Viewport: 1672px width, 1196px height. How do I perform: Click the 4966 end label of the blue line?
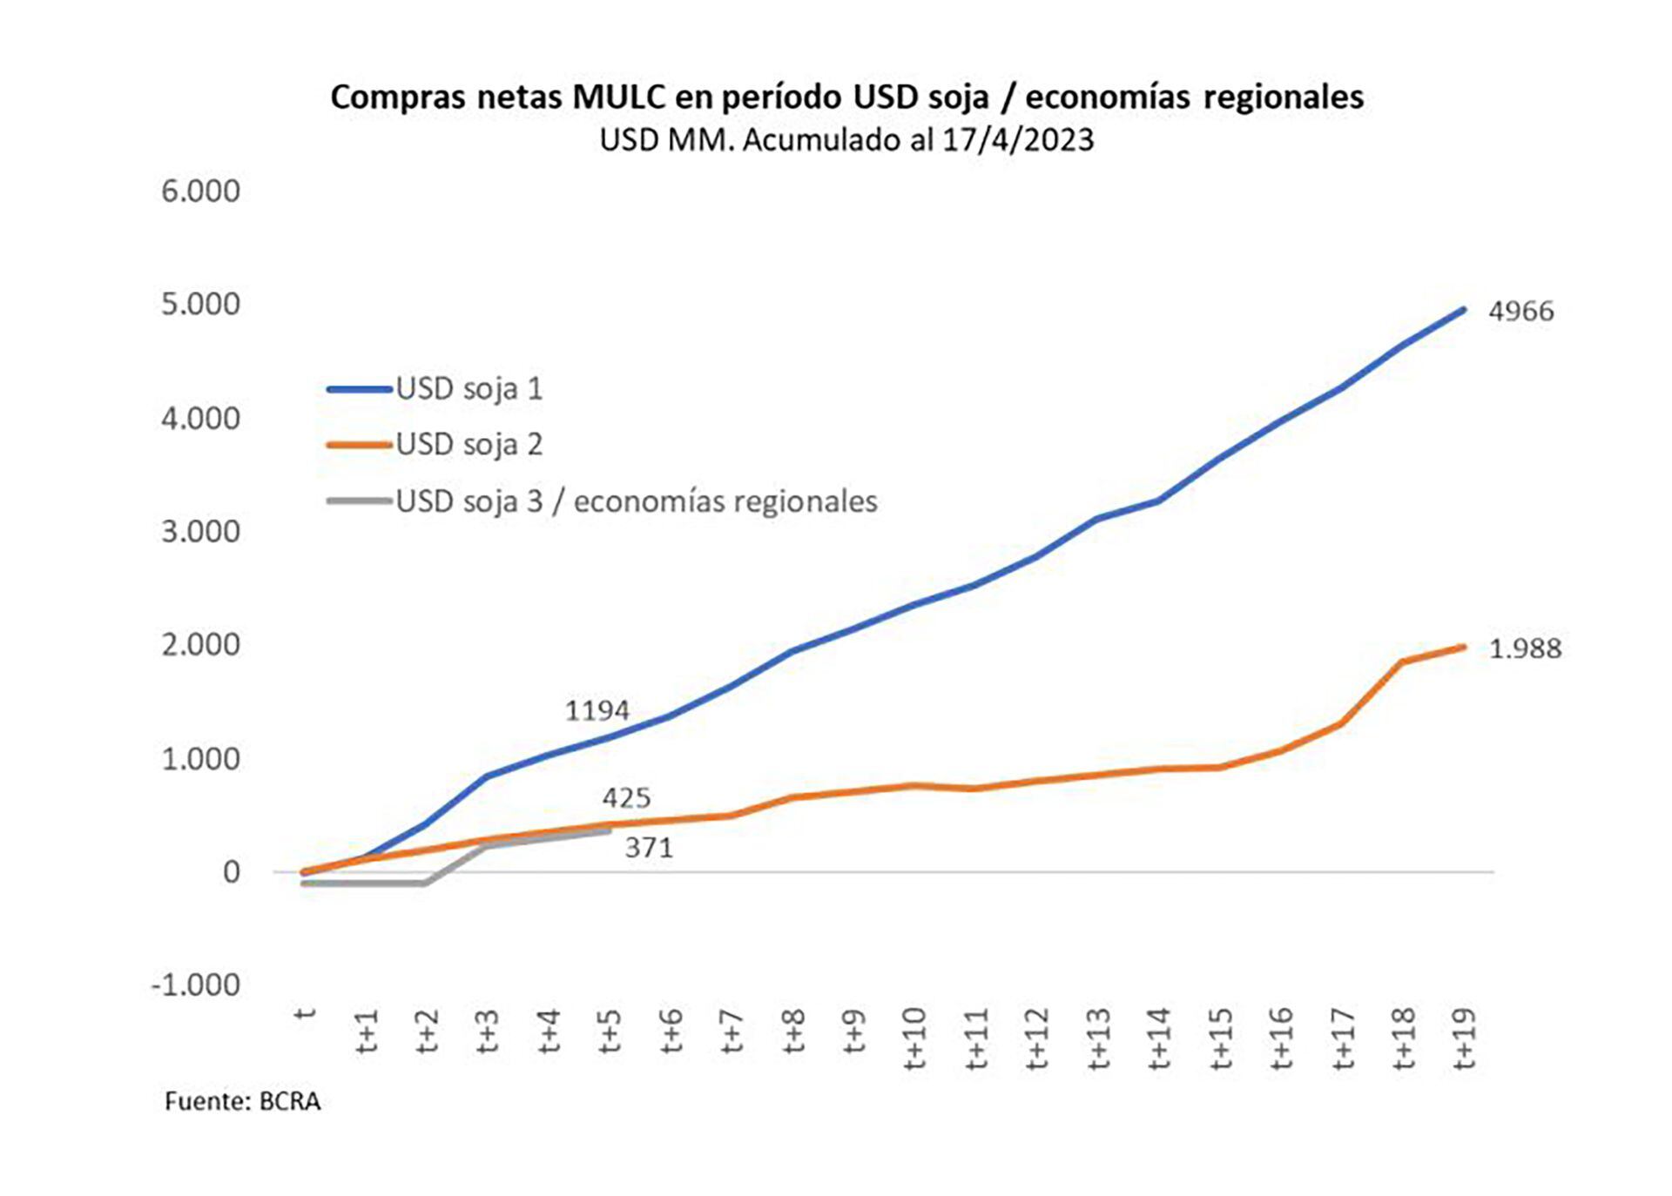pyautogui.click(x=1520, y=311)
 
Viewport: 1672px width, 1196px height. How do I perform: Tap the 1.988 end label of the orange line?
pyautogui.click(x=1525, y=648)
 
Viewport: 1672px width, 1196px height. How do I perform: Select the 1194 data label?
pyautogui.click(x=597, y=711)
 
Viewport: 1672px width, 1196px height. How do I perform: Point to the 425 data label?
pyautogui.click(x=626, y=797)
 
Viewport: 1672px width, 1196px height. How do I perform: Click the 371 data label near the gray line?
pyautogui.click(x=649, y=847)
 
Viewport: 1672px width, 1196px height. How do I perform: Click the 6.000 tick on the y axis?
pyautogui.click(x=200, y=191)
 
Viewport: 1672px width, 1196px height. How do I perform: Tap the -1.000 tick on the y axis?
pyautogui.click(x=196, y=984)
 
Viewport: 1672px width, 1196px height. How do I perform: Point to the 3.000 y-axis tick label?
pyautogui.click(x=200, y=531)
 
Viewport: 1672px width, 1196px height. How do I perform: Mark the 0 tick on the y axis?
pyautogui.click(x=231, y=871)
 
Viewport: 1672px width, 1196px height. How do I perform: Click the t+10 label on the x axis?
pyautogui.click(x=914, y=1038)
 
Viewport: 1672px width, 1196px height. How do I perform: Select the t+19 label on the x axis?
pyautogui.click(x=1464, y=1038)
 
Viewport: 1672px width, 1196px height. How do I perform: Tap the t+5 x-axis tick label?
pyautogui.click(x=610, y=1031)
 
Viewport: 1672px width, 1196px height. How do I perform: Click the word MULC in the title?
pyautogui.click(x=619, y=97)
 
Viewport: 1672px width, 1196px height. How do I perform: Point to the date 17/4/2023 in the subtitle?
pyautogui.click(x=1017, y=140)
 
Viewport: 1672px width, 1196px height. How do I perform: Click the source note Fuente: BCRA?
pyautogui.click(x=242, y=1101)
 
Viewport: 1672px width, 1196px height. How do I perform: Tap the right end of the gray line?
pyautogui.click(x=609, y=831)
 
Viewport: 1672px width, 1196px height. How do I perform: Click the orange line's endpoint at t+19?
pyautogui.click(x=1464, y=647)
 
